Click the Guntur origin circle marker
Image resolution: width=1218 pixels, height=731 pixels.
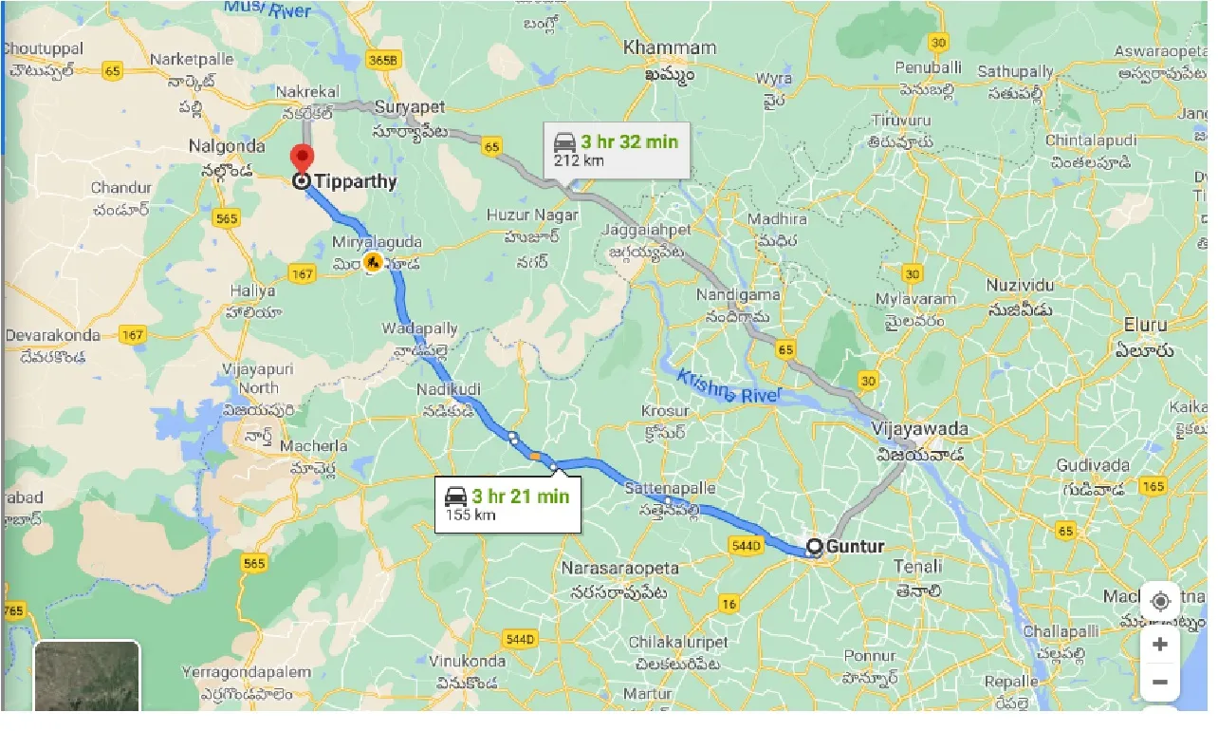pyautogui.click(x=814, y=547)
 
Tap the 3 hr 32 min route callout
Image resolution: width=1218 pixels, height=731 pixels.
pyautogui.click(x=616, y=150)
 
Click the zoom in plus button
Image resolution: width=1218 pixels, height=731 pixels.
pyautogui.click(x=1159, y=645)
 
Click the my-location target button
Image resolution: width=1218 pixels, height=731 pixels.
pyautogui.click(x=1159, y=602)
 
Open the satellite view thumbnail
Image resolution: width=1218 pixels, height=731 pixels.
pyautogui.click(x=87, y=676)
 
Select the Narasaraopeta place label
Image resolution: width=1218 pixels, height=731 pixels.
pyautogui.click(x=620, y=569)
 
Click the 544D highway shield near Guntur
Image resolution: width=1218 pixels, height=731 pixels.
pyautogui.click(x=747, y=546)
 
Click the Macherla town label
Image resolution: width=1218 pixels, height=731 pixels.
pyautogui.click(x=319, y=446)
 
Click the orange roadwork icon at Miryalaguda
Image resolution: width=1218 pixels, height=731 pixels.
pyautogui.click(x=373, y=263)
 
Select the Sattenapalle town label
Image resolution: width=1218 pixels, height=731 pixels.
pyautogui.click(x=671, y=488)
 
